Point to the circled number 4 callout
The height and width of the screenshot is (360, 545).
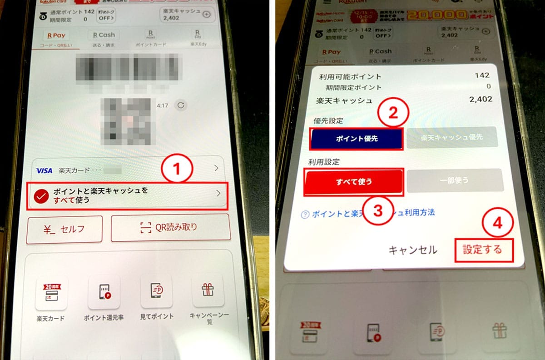pyautogui.click(x=498, y=224)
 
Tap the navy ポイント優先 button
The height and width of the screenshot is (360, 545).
pyautogui.click(x=356, y=139)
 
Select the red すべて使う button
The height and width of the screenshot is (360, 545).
pyautogui.click(x=354, y=181)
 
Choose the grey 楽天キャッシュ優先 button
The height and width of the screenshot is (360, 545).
pyautogui.click(x=452, y=138)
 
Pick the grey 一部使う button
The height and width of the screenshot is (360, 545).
pyautogui.click(x=455, y=180)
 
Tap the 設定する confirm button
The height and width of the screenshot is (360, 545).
pyautogui.click(x=483, y=250)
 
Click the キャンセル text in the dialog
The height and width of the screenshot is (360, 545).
pyautogui.click(x=412, y=250)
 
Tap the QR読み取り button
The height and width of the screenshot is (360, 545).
pyautogui.click(x=170, y=227)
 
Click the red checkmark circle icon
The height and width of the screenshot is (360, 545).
pyautogui.click(x=42, y=196)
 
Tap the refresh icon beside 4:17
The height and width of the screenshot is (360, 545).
pyautogui.click(x=180, y=105)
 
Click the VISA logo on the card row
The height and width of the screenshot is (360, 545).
pyautogui.click(x=45, y=170)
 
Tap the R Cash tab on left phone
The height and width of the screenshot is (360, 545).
pyautogui.click(x=104, y=35)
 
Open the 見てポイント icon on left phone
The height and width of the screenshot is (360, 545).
pyautogui.click(x=156, y=292)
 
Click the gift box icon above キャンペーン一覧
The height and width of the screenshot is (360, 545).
pyautogui.click(x=208, y=290)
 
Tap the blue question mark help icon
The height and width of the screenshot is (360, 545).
pyautogui.click(x=305, y=214)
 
